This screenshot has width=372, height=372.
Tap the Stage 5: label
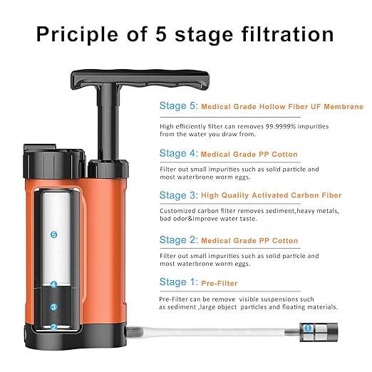177,106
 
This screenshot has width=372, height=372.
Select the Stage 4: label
177,153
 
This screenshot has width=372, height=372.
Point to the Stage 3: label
177,195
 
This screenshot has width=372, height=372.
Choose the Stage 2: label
177,239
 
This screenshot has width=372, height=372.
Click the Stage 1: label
177,282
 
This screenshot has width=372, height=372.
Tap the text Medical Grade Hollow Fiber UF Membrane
281,107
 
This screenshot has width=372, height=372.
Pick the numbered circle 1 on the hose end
308,329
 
